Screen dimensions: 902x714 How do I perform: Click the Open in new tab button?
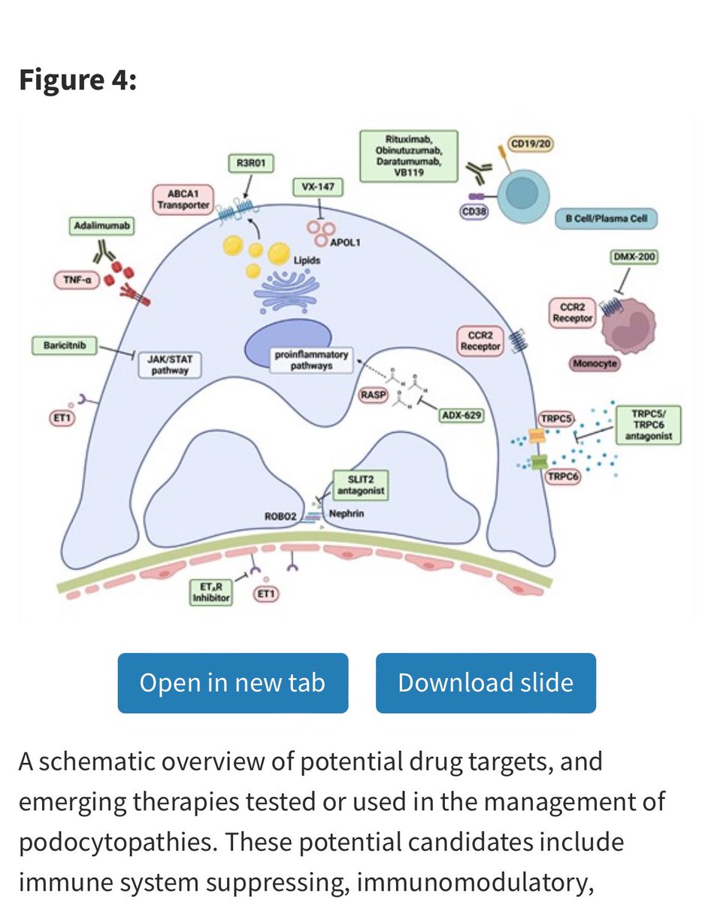[232, 683]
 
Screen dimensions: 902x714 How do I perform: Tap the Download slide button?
[486, 683]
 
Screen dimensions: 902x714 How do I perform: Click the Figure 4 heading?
[77, 80]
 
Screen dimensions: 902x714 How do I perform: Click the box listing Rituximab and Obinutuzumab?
[409, 156]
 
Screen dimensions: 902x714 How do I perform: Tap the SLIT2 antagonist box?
[361, 485]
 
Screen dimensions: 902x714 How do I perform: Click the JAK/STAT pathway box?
[170, 365]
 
